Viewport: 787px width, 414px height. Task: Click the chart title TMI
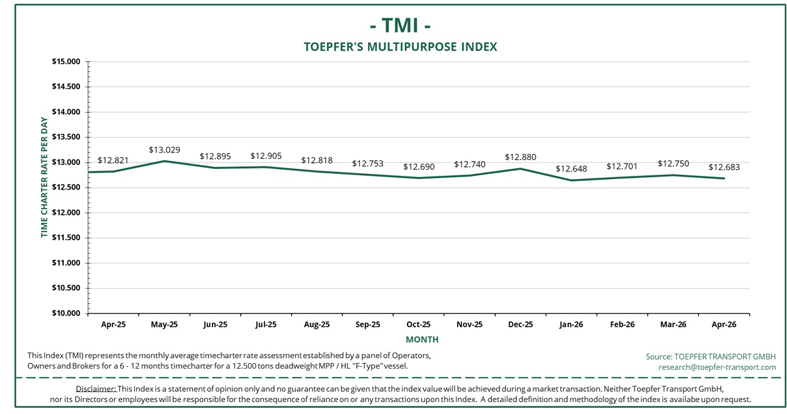(400, 26)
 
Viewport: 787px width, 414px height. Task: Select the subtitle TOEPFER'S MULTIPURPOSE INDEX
(400, 47)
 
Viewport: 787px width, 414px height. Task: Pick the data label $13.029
(164, 150)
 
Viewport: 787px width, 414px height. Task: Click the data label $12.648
(572, 169)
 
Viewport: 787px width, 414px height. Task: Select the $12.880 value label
(520, 157)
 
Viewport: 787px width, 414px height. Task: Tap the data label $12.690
(419, 167)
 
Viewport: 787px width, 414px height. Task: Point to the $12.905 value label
(266, 156)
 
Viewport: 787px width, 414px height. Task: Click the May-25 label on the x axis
(164, 325)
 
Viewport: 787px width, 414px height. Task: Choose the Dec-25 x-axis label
(520, 325)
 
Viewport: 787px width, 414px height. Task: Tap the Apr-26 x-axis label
(723, 325)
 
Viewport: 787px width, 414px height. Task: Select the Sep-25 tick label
(368, 325)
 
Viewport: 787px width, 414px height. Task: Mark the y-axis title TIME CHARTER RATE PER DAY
(44, 178)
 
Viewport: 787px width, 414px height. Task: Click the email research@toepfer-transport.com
(717, 367)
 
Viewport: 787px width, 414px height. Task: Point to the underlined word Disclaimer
(96, 388)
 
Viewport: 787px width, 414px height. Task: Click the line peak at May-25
(164, 161)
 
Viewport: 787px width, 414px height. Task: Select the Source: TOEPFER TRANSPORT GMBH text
(711, 357)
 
